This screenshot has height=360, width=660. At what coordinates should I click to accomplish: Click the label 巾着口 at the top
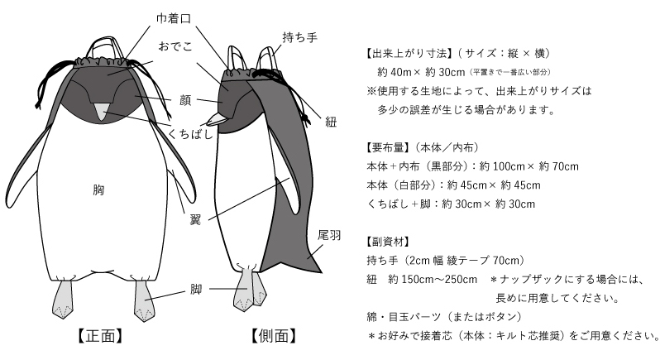174,18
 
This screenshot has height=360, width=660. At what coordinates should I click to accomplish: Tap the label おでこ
175,46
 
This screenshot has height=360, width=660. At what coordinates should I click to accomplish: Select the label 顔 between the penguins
185,100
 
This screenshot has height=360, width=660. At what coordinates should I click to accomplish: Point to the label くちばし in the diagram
190,134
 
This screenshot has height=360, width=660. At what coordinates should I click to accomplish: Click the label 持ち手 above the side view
299,37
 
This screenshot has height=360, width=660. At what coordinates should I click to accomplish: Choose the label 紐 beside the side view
331,122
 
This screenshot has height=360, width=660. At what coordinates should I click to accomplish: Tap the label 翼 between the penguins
195,219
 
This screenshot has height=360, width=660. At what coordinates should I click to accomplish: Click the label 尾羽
329,235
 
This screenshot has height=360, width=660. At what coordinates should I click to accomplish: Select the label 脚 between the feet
196,290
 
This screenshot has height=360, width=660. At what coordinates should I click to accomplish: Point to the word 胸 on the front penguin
98,190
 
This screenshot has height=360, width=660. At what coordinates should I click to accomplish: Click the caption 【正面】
100,336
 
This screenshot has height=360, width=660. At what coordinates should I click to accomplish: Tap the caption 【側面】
274,336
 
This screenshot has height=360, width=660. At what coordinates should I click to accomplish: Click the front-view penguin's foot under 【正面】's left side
62,300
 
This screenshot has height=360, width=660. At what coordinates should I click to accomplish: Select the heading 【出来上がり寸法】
408,54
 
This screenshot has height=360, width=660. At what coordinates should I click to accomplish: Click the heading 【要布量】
387,147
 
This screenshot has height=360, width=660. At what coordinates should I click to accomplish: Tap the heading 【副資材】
387,242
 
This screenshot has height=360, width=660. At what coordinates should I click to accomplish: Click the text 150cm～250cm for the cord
439,280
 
